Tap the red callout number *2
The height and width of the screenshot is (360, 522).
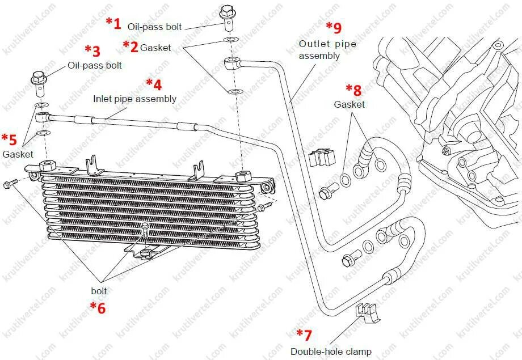click(x=130, y=46)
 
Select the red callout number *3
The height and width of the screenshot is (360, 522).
click(x=92, y=51)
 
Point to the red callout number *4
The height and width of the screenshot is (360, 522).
click(x=154, y=84)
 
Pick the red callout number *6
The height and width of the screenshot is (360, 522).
click(x=98, y=308)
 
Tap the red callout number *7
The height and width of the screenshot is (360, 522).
click(x=304, y=334)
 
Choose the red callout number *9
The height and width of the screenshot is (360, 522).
click(x=334, y=27)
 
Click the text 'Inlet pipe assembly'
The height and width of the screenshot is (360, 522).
click(x=134, y=99)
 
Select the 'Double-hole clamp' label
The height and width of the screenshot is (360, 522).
click(x=331, y=351)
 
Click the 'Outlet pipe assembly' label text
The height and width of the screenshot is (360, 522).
click(x=327, y=50)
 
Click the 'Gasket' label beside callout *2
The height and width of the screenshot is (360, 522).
click(x=155, y=48)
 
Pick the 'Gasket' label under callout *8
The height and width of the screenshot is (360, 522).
click(x=349, y=104)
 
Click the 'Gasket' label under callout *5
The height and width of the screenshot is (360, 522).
click(x=18, y=154)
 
